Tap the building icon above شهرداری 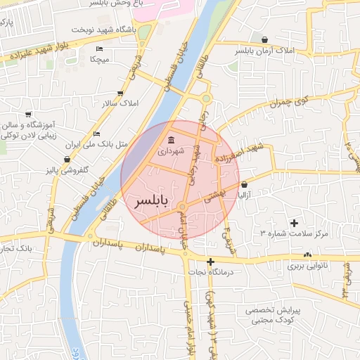pyautogui.click(x=172, y=139)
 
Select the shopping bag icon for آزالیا pyautogui.click(x=244, y=184)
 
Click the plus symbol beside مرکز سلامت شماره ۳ pyautogui.click(x=294, y=223)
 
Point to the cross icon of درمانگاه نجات pyautogui.click(x=210, y=262)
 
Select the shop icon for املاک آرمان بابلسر pyautogui.click(x=264, y=39)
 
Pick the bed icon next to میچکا pyautogui.click(x=99, y=48)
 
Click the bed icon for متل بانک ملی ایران pyautogui.click(x=96, y=134)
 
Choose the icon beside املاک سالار pyautogui.click(x=120, y=93)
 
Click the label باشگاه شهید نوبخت pyautogui.click(x=102, y=31)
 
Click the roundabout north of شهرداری pyautogui.click(x=206, y=98)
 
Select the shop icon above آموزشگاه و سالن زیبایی pyautogui.click(x=28, y=114)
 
